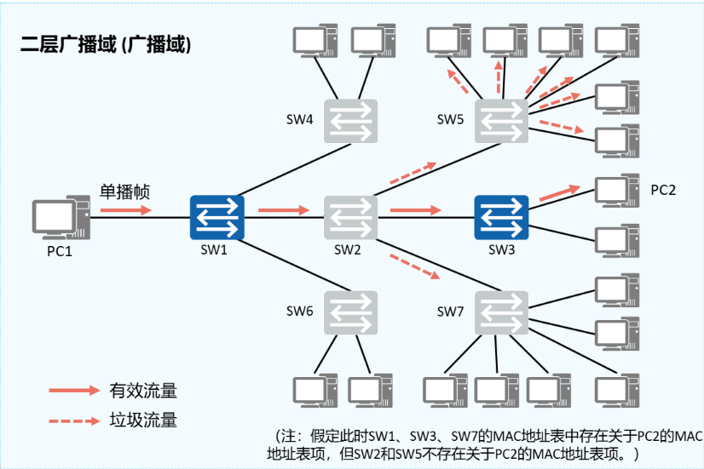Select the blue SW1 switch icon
tap(216, 218)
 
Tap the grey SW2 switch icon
tap(350, 218)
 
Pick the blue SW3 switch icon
tap(501, 218)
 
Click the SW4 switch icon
tap(350, 120)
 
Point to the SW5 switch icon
tap(501, 120)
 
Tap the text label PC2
tap(663, 190)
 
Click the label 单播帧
tap(125, 192)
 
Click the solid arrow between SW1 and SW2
tap(284, 209)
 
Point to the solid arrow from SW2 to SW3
tap(417, 209)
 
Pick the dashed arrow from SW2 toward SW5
tap(413, 172)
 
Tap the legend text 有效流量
tap(143, 391)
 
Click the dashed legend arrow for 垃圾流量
tap(75, 420)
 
